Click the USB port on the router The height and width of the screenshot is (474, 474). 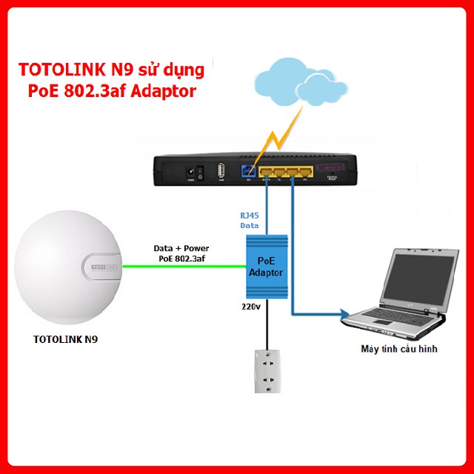click(x=221, y=170)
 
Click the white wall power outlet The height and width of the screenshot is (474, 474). click(x=267, y=371)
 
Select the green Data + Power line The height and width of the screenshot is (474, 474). click(x=185, y=266)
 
